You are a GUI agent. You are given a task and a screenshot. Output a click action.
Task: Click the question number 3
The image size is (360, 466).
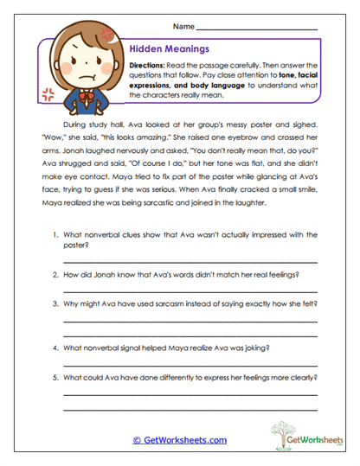(x=54, y=304)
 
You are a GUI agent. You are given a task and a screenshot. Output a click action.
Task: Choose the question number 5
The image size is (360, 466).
(x=54, y=378)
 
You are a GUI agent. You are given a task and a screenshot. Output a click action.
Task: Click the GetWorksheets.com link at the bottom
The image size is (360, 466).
(x=179, y=439)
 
